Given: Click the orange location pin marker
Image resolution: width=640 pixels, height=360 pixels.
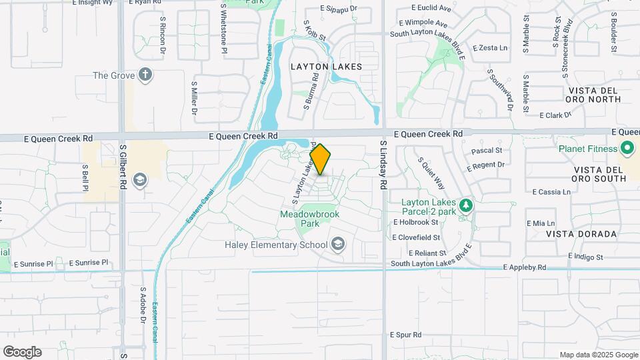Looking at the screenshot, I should [321, 159].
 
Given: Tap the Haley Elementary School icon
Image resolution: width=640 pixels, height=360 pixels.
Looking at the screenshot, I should [339, 245].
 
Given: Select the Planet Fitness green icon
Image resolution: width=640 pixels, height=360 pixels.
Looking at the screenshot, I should [627, 148].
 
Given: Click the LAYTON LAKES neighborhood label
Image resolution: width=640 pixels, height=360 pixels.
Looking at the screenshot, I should [326, 67].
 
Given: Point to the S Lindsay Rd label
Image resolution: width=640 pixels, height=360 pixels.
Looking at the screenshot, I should [383, 165].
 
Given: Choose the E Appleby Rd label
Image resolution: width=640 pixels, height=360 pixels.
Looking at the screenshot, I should [525, 267].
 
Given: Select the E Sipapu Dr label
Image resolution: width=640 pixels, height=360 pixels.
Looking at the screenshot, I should [339, 9].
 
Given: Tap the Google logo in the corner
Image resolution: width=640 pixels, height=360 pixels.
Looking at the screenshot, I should [22, 352].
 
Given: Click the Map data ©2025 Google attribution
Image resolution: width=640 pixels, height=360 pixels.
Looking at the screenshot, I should [598, 355].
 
